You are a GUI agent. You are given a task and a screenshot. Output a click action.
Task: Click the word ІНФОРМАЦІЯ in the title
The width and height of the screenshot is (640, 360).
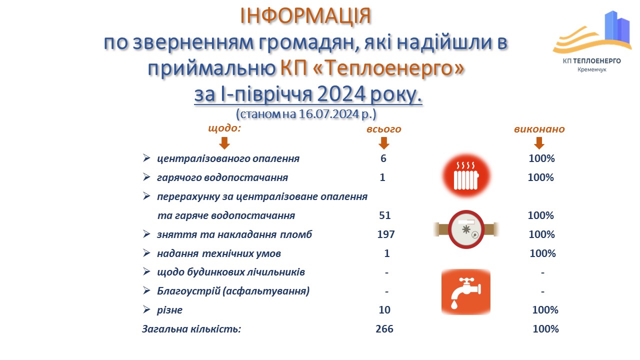305,16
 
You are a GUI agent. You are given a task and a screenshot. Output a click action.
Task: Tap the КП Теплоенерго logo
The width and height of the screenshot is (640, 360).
590,42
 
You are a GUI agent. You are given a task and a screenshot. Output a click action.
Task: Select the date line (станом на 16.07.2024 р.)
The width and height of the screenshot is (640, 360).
305,113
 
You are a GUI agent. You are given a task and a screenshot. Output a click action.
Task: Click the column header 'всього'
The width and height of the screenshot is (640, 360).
384,129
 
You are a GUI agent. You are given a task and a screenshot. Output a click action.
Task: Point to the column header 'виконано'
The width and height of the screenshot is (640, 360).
539,129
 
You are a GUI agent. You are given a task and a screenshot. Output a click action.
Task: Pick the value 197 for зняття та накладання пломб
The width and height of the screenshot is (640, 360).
386,234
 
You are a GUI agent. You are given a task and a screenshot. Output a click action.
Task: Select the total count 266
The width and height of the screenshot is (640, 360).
384,329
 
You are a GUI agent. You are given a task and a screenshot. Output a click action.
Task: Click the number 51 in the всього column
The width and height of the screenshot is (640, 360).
384,215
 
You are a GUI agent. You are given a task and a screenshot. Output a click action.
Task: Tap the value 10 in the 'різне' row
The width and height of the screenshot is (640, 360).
384,310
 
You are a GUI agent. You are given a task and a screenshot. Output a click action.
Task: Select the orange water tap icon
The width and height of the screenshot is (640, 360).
466,291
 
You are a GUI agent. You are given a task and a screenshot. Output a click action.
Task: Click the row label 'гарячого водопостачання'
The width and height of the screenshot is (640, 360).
222,177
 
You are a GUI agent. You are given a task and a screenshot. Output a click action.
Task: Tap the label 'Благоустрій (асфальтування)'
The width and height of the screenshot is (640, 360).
233,291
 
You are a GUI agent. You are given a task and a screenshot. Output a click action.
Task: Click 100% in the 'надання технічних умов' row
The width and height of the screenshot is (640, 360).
542,253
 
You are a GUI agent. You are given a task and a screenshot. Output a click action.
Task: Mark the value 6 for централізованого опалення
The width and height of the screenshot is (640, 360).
383,158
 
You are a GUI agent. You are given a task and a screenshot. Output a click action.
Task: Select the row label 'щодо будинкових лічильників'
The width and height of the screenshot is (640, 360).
230,272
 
